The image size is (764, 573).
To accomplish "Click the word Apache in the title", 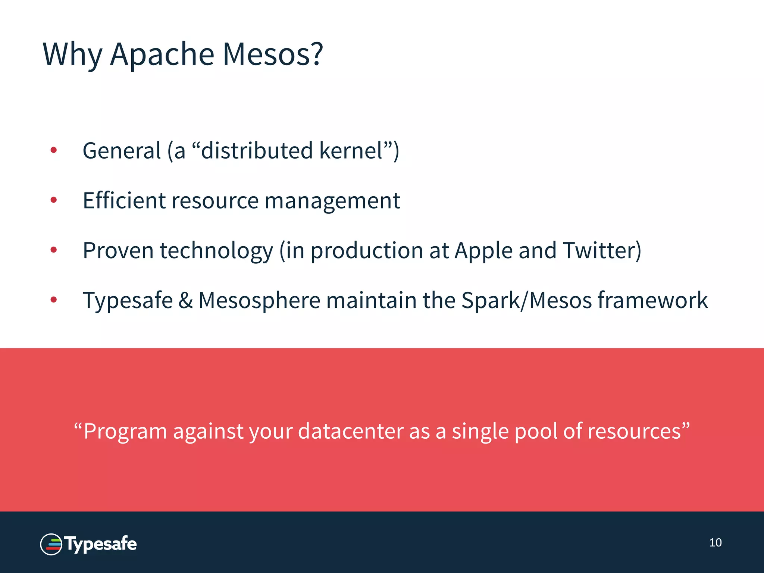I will coord(162,54).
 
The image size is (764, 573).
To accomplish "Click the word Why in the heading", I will coord(72,55).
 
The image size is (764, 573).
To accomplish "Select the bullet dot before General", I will coord(54,150).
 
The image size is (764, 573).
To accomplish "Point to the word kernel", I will coord(351,151).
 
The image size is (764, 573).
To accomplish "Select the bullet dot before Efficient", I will coord(54,200).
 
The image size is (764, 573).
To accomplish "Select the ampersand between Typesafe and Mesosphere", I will coord(185,300).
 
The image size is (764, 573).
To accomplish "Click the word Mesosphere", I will coord(259,300).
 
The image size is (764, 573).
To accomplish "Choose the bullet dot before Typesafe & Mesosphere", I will coord(54,300).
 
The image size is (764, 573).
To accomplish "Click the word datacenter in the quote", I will coord(351,431).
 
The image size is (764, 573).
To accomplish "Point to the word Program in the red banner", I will coord(125,432).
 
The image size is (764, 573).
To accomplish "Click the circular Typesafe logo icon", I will coord(51,544).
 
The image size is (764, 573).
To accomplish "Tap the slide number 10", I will coord(715,543).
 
